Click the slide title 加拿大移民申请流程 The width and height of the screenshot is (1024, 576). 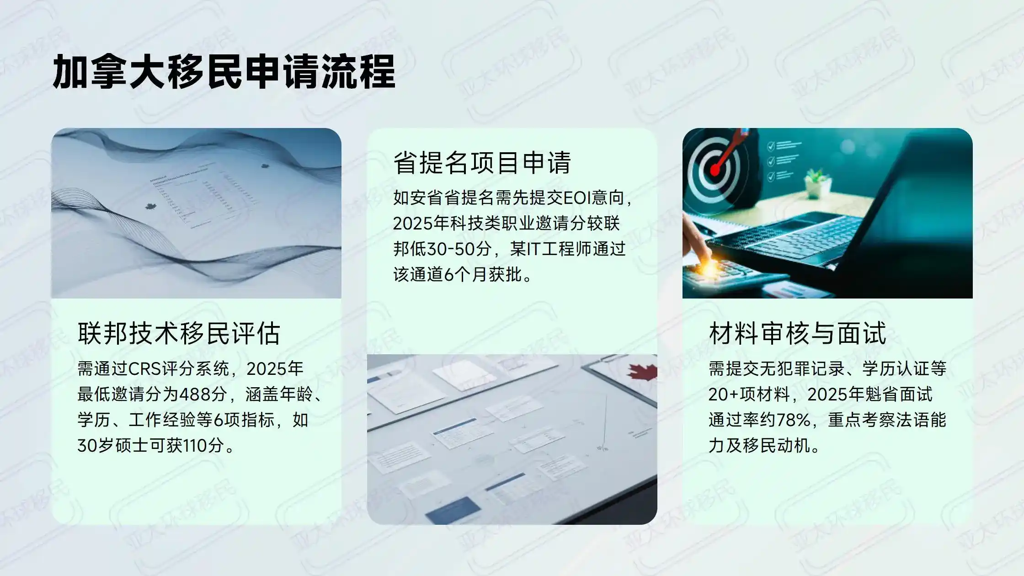(x=224, y=72)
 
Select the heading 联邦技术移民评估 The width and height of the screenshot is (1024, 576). (x=179, y=333)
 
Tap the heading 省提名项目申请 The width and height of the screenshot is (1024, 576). (x=482, y=162)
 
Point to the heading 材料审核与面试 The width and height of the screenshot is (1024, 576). (x=797, y=333)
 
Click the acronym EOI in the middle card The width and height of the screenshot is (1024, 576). (x=577, y=198)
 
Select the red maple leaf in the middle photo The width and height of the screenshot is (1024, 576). (x=642, y=371)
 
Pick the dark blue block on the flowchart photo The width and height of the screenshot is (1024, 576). (x=453, y=511)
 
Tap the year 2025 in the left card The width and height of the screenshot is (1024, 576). (x=275, y=368)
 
